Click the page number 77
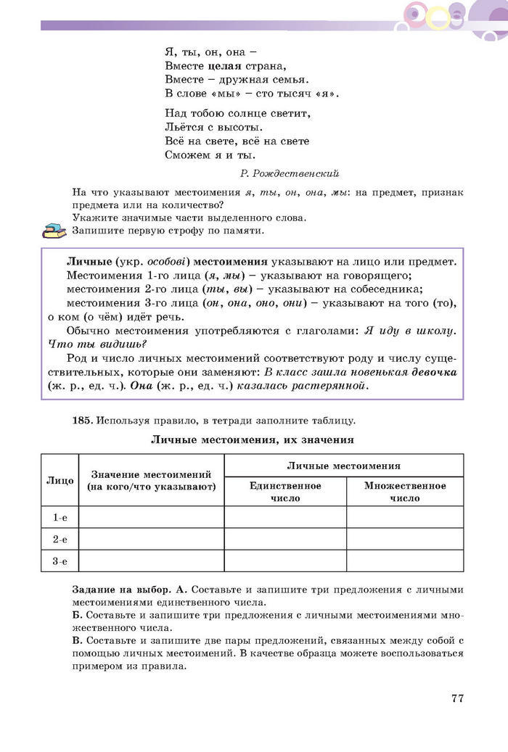click(456, 698)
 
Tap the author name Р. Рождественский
click(288, 173)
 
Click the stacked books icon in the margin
click(54, 231)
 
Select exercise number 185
click(83, 420)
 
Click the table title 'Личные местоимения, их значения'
click(252, 439)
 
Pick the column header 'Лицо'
click(60, 480)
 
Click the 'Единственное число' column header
click(285, 492)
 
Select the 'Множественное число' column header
click(405, 492)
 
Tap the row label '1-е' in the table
click(60, 517)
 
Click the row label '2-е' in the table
click(60, 539)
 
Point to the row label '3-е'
click(60, 561)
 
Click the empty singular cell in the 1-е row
click(285, 517)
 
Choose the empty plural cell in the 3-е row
click(405, 561)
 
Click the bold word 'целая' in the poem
click(217, 66)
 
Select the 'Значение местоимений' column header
click(151, 480)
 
